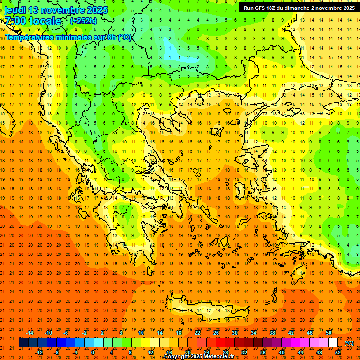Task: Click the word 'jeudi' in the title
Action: tap(15, 10)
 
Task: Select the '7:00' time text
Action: tap(15, 21)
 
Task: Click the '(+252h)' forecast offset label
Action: tap(83, 21)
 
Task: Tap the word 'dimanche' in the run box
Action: tap(296, 8)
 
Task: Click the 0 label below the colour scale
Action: tap(93, 352)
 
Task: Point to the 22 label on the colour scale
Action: tap(197, 333)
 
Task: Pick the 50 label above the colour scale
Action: tap(329, 333)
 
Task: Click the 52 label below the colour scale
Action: tap(338, 352)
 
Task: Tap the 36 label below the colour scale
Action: tap(262, 352)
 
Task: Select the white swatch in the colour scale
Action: tap(333, 343)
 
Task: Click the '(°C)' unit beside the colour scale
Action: tap(349, 343)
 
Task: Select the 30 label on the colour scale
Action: tap(235, 333)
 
